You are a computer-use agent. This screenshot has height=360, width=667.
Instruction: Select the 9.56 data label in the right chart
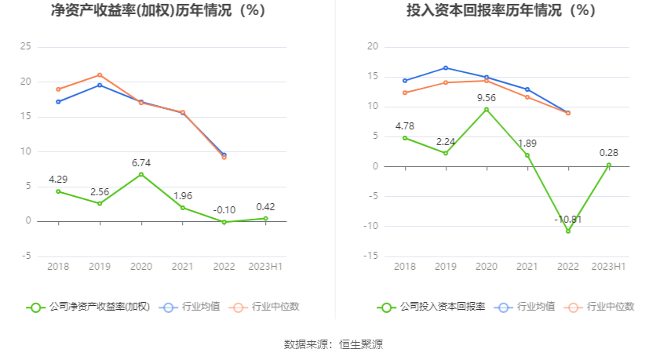pos(487,98)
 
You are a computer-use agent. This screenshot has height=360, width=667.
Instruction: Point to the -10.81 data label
pos(568,219)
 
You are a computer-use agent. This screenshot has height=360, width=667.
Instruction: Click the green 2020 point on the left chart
pos(141,174)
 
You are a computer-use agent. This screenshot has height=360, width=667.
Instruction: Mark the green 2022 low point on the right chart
pos(568,231)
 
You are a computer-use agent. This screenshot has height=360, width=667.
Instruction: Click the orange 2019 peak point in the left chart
pos(100,75)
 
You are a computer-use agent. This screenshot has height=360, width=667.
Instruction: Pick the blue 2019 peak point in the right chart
pos(446,67)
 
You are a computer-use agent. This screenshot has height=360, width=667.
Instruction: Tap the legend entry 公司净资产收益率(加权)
pos(88,307)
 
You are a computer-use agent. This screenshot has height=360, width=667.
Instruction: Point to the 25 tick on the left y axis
pos(27,47)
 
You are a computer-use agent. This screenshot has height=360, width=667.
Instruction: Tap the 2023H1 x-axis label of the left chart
pos(265,267)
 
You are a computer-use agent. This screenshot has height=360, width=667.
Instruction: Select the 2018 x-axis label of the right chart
pos(404,267)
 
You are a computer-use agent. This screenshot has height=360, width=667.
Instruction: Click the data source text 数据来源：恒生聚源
pos(333,344)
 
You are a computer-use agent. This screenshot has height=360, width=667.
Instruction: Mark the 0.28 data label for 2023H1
pos(609,153)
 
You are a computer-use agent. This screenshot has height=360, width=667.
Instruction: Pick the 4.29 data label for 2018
pos(58,180)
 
